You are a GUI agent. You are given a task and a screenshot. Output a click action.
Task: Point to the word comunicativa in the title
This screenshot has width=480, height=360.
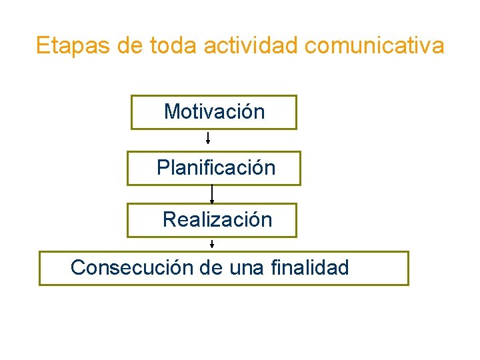coord(375,46)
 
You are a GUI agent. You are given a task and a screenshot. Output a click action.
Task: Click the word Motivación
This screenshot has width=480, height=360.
coord(214,111)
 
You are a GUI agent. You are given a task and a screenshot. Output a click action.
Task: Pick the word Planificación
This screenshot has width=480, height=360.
coord(216,168)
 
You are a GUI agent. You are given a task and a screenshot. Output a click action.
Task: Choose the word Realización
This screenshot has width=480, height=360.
coord(217,219)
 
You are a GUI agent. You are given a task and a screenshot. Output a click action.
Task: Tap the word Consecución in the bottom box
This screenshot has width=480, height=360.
coord(132,267)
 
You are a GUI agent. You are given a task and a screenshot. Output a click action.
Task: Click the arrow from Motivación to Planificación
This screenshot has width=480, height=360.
coord(208,139)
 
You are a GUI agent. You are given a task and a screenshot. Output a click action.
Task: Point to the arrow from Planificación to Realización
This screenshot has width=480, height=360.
coord(212,195)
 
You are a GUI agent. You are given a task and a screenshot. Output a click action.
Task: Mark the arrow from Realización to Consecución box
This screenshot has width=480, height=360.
coord(212,243)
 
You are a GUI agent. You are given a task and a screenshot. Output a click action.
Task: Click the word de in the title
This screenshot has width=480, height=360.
coord(130,46)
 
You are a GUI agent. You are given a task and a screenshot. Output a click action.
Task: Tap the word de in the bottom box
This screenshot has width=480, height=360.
coord(211,267)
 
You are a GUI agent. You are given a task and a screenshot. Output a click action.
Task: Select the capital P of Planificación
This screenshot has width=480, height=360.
coord(163,168)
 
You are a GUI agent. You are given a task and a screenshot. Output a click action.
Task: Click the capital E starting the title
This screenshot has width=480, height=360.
coord(42,46)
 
